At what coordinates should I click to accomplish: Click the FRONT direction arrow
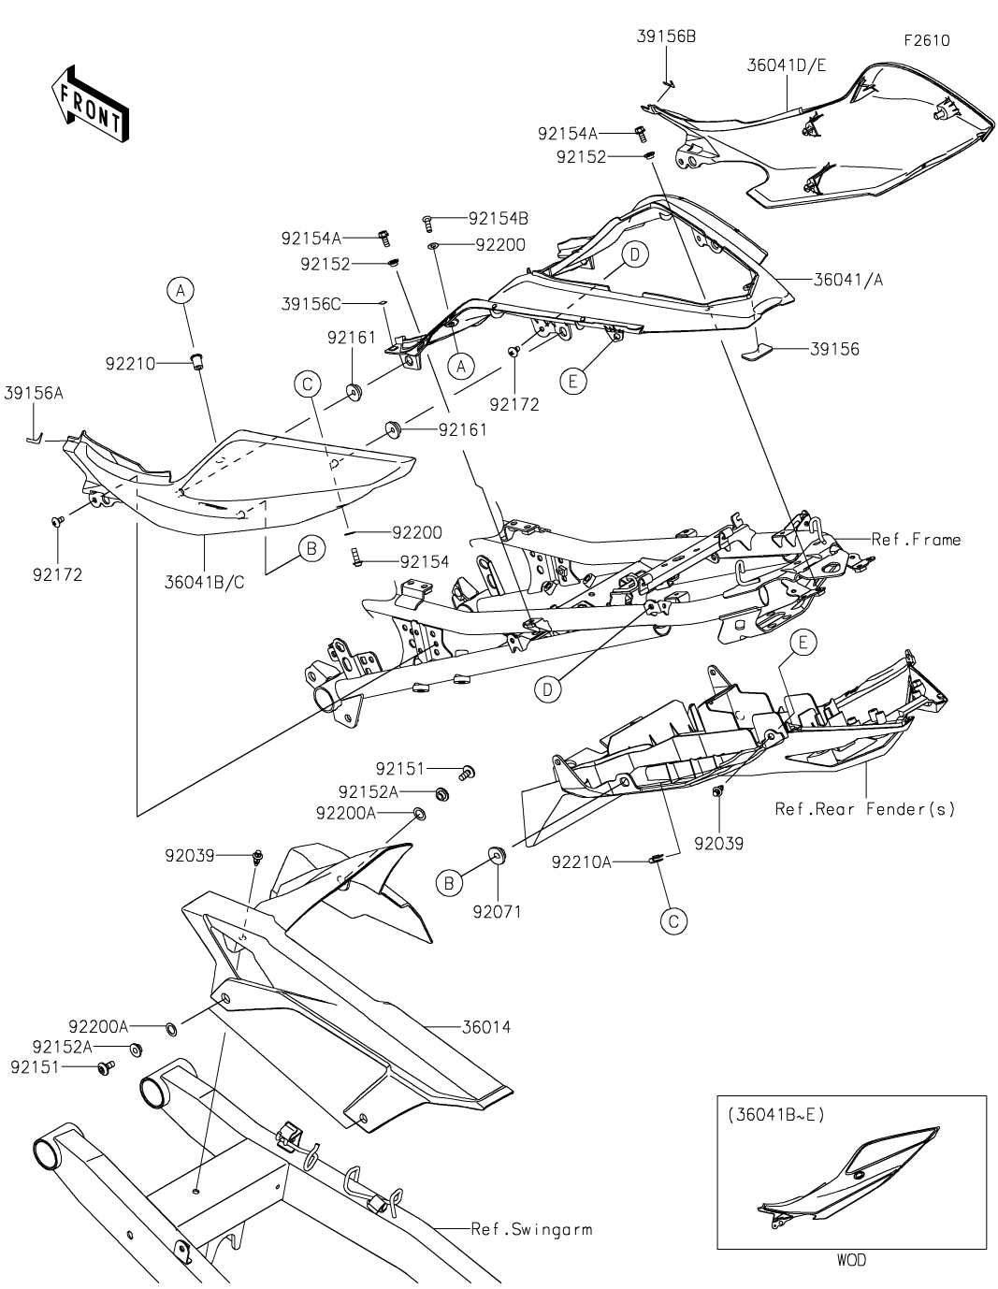[x=90, y=105]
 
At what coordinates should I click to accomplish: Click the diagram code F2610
[x=926, y=41]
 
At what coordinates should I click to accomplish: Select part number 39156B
[x=666, y=36]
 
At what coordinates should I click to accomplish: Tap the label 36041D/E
[x=787, y=65]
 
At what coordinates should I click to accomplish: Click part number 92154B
[x=499, y=219]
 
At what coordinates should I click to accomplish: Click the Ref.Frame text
[x=916, y=540]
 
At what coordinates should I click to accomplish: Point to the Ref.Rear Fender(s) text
[x=865, y=809]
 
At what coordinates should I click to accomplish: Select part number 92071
[x=498, y=911]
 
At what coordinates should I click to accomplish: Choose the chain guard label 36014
[x=486, y=1027]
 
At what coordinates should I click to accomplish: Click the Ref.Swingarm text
[x=532, y=1229]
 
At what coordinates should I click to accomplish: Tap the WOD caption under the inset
[x=851, y=1260]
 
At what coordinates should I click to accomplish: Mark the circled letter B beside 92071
[x=450, y=882]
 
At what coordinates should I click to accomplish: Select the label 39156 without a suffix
[x=834, y=350]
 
